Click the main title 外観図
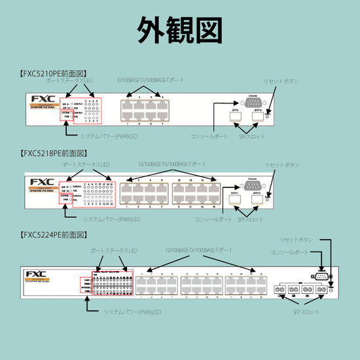[x=179, y=29]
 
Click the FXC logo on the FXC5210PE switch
[x=42, y=99]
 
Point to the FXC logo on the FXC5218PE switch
[x=42, y=181]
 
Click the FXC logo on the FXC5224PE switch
[x=37, y=274]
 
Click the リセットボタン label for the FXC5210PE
[x=282, y=81]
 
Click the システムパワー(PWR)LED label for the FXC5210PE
[x=108, y=136]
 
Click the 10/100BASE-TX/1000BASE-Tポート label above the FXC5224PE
[x=199, y=251]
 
